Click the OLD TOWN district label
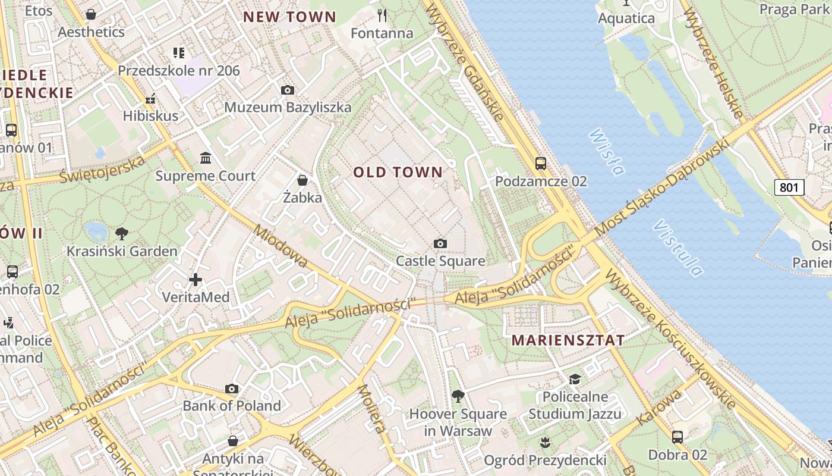pyautogui.click(x=398, y=173)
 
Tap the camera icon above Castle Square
pyautogui.click(x=440, y=243)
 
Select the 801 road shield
pyautogui.click(x=789, y=187)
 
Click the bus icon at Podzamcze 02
pyautogui.click(x=540, y=163)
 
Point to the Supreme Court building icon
pyautogui.click(x=206, y=158)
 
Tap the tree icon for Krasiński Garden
pyautogui.click(x=122, y=233)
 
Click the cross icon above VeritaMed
pyautogui.click(x=196, y=279)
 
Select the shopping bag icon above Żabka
pyautogui.click(x=302, y=180)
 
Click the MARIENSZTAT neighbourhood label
pyautogui.click(x=568, y=340)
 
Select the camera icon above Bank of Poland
pyautogui.click(x=232, y=389)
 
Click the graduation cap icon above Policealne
pyautogui.click(x=575, y=379)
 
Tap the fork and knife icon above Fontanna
pyautogui.click(x=382, y=15)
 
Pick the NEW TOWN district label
pyautogui.click(x=290, y=17)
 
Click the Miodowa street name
pyautogui.click(x=281, y=246)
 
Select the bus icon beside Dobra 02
pyautogui.click(x=677, y=437)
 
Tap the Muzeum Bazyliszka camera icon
pyautogui.click(x=288, y=90)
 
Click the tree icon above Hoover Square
pyautogui.click(x=458, y=396)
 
